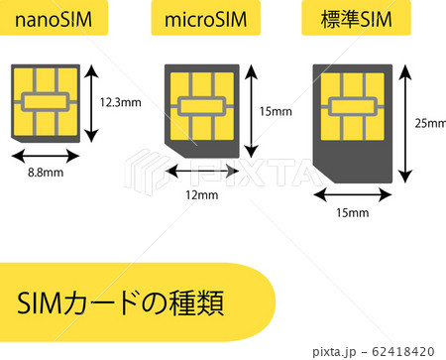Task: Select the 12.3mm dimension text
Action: click(120, 102)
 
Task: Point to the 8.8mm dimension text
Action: click(44, 173)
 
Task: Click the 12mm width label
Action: click(201, 194)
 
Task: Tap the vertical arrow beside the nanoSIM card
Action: click(91, 102)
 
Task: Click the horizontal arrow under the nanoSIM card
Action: click(47, 156)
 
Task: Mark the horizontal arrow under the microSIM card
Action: click(201, 172)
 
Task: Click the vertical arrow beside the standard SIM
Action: click(404, 123)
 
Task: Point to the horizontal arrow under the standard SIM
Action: click(352, 194)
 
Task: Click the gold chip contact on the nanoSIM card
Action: click(47, 102)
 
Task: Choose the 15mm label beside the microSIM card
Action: click(275, 111)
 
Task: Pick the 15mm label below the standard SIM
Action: click(352, 212)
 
